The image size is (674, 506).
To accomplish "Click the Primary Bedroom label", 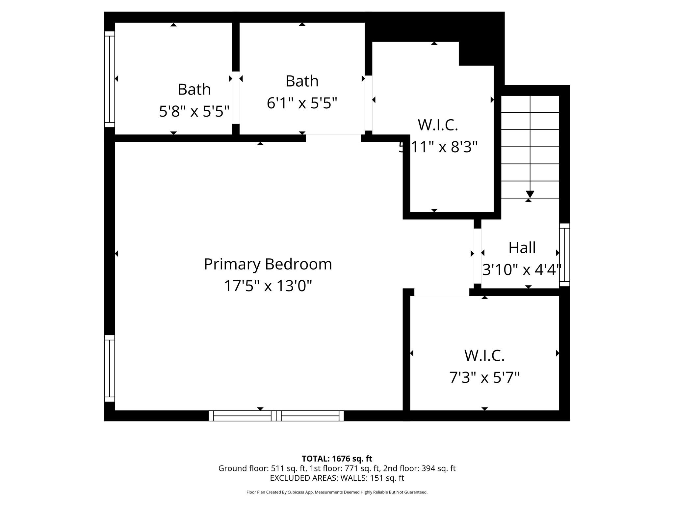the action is point(268,264).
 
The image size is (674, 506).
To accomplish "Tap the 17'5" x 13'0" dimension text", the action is point(268,286).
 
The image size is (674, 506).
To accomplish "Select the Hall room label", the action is point(522,248).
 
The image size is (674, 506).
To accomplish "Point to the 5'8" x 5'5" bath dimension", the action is point(194,111).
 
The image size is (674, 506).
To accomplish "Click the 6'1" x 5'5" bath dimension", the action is point(302,103).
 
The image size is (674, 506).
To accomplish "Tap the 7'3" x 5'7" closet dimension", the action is point(484,377).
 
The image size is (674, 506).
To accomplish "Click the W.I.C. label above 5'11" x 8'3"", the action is point(438,125).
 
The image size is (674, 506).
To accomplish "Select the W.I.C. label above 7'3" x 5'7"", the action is point(484,355).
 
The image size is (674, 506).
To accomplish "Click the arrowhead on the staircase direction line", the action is point(530,194).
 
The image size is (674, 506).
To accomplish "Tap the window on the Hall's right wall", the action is point(565,255).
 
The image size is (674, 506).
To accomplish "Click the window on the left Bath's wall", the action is point(110,79).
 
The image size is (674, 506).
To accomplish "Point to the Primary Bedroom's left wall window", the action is point(110,368).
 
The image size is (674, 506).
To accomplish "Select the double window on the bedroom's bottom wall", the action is point(276,416).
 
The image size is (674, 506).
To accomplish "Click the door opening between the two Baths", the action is point(236,98).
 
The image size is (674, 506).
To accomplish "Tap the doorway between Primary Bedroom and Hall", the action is point(477,256).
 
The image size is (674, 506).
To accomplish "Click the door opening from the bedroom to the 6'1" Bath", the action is point(333,138).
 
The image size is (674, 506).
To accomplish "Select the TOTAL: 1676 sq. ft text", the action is point(337,459).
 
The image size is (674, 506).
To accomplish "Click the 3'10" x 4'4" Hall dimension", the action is point(522,269).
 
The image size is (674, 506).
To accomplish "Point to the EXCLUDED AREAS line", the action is point(337,478).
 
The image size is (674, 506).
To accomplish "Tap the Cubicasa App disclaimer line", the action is point(337,492).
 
